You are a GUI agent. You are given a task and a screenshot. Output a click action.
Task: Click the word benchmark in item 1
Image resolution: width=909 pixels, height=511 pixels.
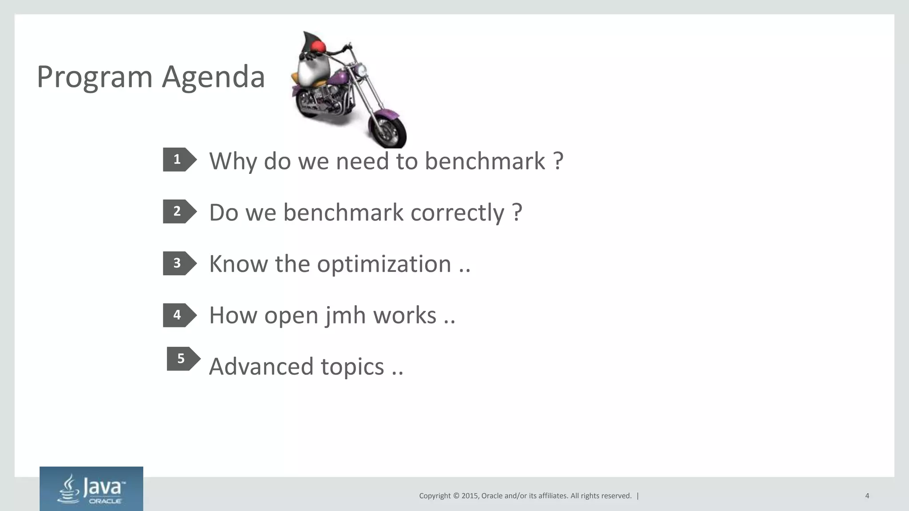coord(485,161)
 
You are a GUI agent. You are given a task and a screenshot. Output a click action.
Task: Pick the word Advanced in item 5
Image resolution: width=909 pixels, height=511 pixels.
coord(261,367)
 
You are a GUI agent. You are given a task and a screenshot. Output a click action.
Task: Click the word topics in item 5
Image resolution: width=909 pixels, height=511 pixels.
coord(352,367)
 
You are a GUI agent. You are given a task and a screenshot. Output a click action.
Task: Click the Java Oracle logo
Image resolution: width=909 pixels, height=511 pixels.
coord(91,489)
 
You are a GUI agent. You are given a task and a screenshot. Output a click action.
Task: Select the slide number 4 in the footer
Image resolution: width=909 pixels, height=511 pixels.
coord(867,496)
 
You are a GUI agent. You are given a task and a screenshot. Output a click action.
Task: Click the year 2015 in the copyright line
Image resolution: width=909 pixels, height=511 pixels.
coord(470,496)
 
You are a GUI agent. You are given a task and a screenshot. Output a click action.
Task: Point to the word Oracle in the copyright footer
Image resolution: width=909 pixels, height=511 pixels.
coord(492,496)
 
